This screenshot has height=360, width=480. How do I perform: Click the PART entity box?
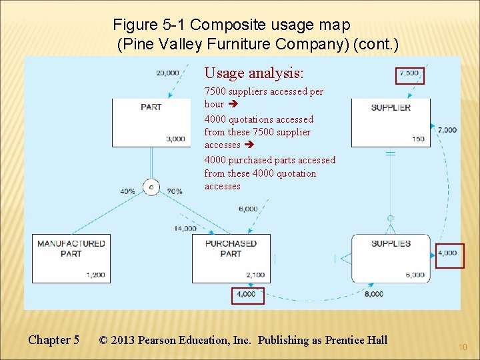pyautogui.click(x=151, y=123)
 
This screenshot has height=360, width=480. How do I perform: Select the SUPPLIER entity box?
pyautogui.click(x=390, y=123)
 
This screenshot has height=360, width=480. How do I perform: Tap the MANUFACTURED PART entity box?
pyautogui.click(x=71, y=257)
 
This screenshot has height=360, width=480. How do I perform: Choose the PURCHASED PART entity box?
pyautogui.click(x=231, y=257)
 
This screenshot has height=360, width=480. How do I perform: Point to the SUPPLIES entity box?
pyautogui.click(x=390, y=257)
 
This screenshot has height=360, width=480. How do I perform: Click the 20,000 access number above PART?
pyautogui.click(x=167, y=73)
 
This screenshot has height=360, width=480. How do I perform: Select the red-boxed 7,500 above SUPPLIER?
pyautogui.click(x=409, y=73)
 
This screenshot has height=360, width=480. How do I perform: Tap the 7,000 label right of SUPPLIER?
pyautogui.click(x=447, y=130)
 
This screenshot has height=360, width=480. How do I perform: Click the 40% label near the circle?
pyautogui.click(x=127, y=191)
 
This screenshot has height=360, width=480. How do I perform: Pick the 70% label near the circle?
pyautogui.click(x=175, y=191)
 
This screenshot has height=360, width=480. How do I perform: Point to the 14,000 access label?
pyautogui.click(x=185, y=229)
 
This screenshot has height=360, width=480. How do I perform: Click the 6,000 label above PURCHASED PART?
pyautogui.click(x=248, y=209)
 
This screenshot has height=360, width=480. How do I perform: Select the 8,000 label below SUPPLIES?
pyautogui.click(x=374, y=293)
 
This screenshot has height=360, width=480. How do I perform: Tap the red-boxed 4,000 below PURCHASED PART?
pyautogui.click(x=247, y=294)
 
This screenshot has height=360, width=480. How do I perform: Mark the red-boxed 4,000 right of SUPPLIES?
pyautogui.click(x=448, y=253)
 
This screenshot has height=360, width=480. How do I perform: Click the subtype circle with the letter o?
pyautogui.click(x=151, y=187)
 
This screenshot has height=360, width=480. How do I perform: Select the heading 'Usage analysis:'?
pyautogui.click(x=253, y=73)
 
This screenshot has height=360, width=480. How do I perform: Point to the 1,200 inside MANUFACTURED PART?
pyautogui.click(x=95, y=275)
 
